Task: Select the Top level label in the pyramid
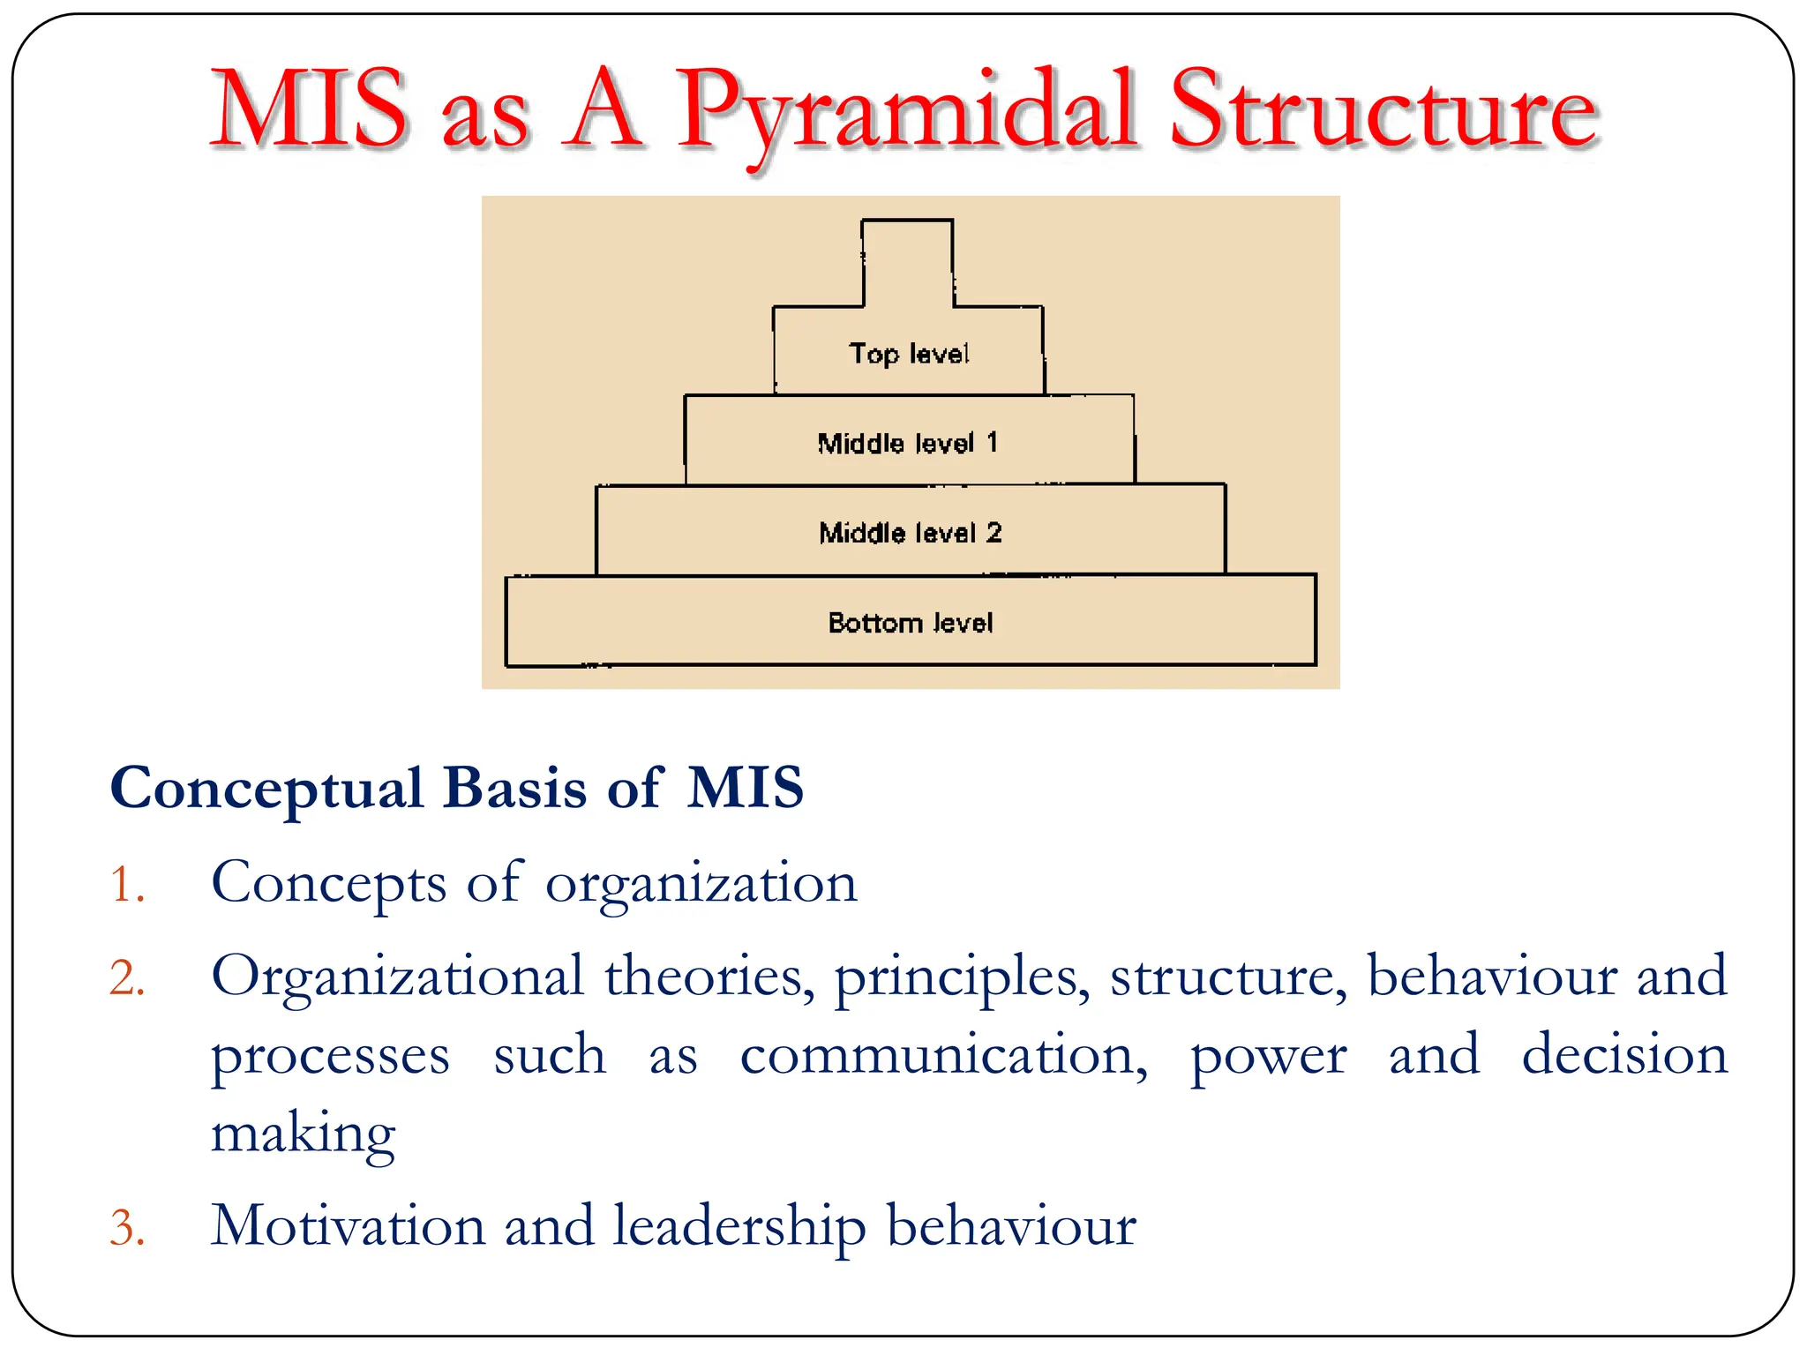(909, 354)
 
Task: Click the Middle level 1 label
(908, 443)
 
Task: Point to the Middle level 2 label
(910, 533)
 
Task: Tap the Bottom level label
(910, 623)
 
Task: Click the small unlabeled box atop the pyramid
(907, 262)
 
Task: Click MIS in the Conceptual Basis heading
(746, 787)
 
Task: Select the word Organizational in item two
(397, 977)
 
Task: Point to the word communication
(943, 1055)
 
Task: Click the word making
(303, 1134)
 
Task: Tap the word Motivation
(348, 1226)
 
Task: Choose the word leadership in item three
(739, 1226)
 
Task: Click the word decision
(1624, 1055)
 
